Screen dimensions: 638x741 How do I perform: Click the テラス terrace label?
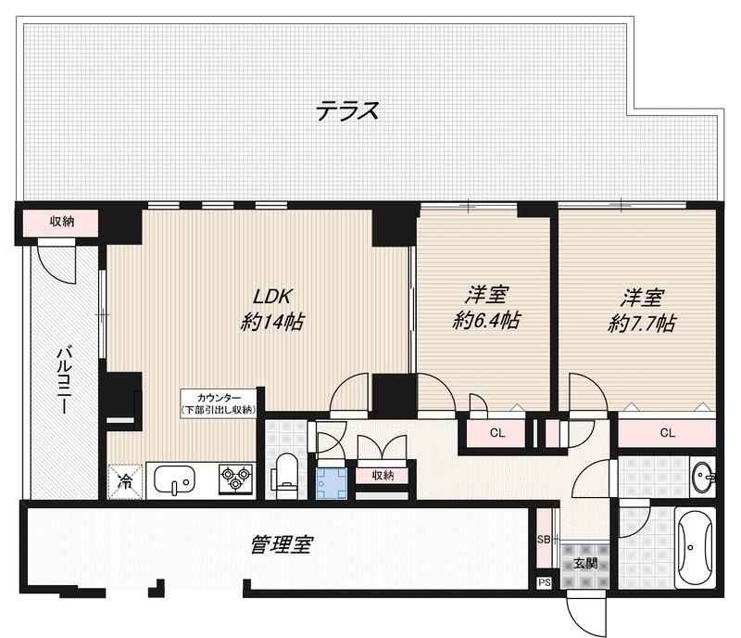(347, 111)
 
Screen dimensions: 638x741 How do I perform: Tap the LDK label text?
(273, 297)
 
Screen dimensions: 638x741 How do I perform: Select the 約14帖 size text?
(273, 323)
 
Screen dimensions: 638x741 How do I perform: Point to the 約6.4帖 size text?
(486, 321)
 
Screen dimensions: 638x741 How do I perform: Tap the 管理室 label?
(280, 544)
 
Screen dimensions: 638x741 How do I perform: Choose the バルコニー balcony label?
(65, 380)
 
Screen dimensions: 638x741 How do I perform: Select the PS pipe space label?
(544, 583)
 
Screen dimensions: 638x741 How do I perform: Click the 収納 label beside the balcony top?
(62, 222)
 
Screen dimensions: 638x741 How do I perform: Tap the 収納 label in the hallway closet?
(383, 476)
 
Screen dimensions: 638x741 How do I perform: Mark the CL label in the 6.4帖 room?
(496, 432)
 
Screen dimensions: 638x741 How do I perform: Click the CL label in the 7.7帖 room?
(667, 432)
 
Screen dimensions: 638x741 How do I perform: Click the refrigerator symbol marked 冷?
(124, 480)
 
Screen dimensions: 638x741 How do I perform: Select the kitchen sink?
(176, 480)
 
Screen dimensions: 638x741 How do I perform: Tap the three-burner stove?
(235, 479)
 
